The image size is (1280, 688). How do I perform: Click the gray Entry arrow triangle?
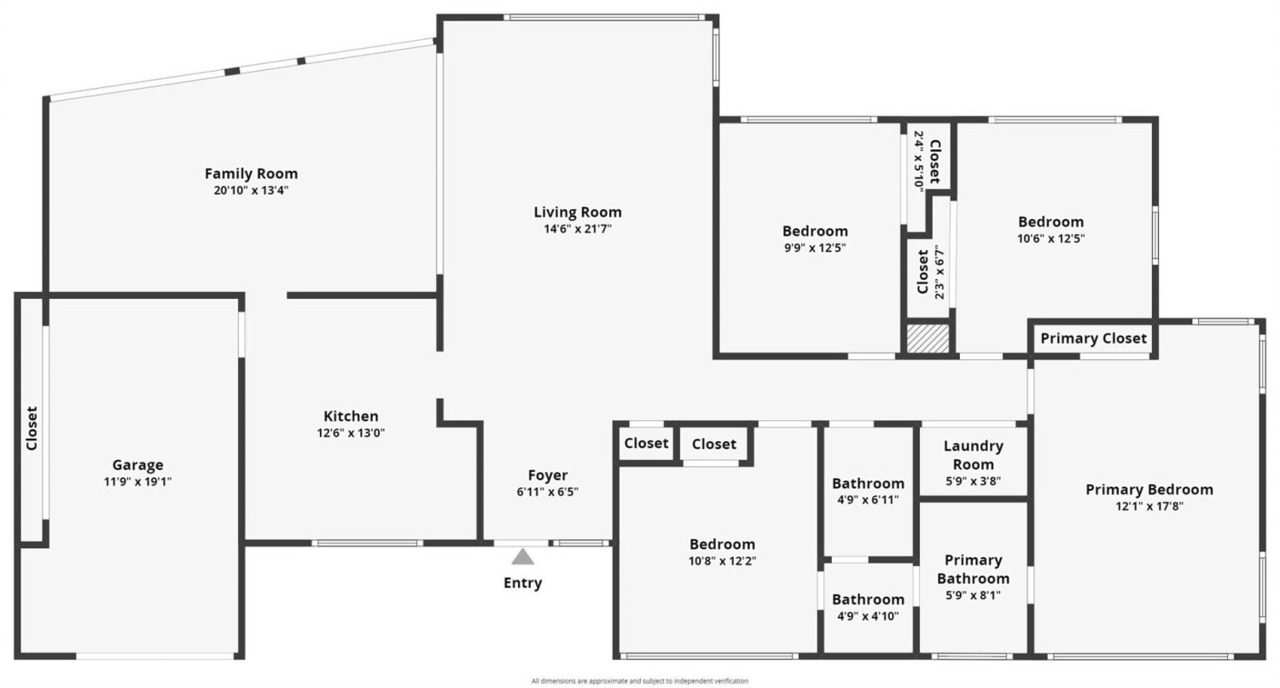coord(522,557)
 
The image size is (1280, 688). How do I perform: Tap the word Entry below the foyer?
coord(522,583)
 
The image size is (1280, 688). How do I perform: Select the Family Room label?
coord(251,173)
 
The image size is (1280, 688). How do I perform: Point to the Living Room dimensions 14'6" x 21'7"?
coord(578,229)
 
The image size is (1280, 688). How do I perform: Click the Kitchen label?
coord(351,416)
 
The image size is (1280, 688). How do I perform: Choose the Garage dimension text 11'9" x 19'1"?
coord(137,481)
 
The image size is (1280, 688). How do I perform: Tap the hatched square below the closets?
coord(928,338)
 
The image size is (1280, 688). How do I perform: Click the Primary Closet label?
coord(1093,338)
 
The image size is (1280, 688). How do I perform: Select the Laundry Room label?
coord(973,455)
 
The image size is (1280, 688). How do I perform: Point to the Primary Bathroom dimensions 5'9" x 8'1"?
coord(973,596)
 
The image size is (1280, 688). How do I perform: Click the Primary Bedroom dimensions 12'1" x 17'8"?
coord(1149,506)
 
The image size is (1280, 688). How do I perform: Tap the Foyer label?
coord(548,475)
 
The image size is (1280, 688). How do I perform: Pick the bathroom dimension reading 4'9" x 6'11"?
coord(868,500)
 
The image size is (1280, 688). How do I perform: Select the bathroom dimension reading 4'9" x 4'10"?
coord(868,616)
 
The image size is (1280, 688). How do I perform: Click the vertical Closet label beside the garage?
coord(32,428)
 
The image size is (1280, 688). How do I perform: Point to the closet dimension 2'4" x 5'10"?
coord(919,161)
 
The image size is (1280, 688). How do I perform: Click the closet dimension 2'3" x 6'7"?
coord(939,272)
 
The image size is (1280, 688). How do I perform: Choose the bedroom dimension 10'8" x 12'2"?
coord(722,561)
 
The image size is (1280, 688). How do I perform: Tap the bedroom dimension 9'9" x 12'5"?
coord(815,248)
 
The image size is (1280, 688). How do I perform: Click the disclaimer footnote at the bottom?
coord(639,680)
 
